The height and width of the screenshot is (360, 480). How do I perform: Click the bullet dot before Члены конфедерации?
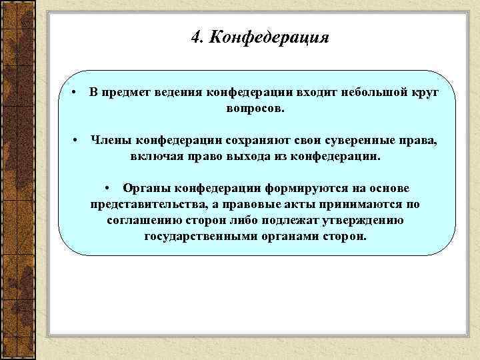point(77,140)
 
